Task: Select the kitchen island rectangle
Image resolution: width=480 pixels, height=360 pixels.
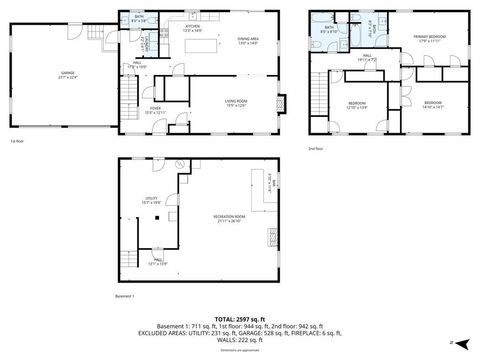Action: point(201,46)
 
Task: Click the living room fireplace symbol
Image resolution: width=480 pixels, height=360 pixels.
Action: point(281,105)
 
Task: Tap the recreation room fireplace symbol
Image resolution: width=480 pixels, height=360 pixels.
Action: point(272,237)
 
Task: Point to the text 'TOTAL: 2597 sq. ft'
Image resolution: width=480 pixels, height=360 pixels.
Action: point(240,319)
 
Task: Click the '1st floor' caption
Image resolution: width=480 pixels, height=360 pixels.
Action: point(17,141)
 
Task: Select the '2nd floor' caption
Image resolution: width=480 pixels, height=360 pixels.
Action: point(315,149)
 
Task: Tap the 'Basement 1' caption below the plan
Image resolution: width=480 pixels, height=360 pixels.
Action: point(125,296)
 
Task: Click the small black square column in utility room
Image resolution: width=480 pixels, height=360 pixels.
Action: point(157,217)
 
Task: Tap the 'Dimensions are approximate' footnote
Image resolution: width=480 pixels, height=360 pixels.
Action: point(240,350)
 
